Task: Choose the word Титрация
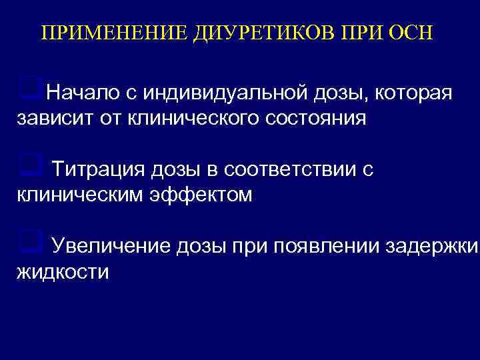(x=97, y=169)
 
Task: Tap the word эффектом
(x=203, y=196)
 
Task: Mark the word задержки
(x=432, y=247)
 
